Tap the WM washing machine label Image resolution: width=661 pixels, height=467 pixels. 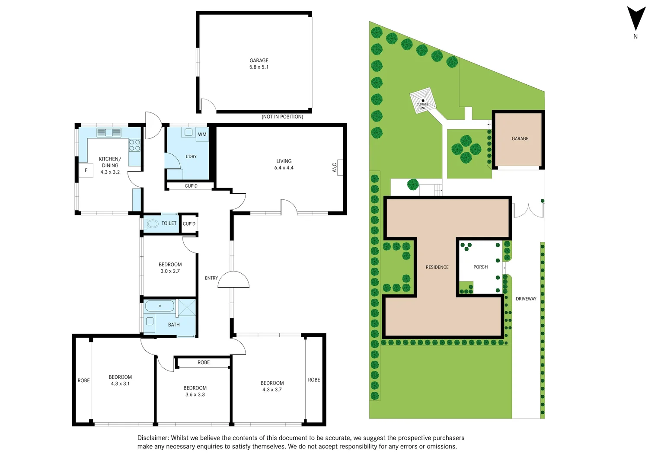coord(202,134)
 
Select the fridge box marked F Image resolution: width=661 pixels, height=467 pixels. coord(86,170)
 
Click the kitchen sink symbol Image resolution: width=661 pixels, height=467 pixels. coord(109,133)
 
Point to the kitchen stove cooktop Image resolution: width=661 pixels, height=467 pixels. coord(134,146)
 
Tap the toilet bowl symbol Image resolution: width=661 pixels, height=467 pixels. coord(153,224)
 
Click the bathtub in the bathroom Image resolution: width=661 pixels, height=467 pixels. coord(160,306)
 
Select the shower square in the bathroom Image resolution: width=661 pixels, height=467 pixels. coord(187,307)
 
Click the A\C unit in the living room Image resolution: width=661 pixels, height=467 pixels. coord(340,167)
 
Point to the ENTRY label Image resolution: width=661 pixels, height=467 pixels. coord(211,278)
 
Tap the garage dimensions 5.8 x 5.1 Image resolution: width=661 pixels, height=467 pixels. coord(259,67)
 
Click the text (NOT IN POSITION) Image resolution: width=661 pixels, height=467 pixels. coord(282,117)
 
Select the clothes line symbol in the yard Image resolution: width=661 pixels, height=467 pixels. coord(422,100)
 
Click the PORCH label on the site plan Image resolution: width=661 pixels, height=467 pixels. coord(480,267)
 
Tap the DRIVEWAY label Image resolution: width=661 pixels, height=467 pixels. coord(526,299)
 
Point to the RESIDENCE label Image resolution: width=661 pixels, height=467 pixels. coord(437,267)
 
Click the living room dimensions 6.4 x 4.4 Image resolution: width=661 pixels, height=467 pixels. coord(284,168)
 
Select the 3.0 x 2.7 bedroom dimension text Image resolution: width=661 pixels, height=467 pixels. coord(170,271)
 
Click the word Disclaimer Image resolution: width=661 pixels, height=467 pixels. coord(153,438)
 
